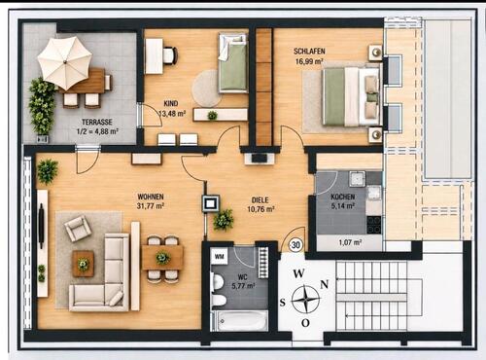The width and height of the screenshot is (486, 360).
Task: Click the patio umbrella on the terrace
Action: click(65, 62)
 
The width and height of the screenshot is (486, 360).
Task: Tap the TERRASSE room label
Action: click(97, 122)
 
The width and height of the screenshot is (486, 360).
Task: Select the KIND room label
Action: click(171, 103)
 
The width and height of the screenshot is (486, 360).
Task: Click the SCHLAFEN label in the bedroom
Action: click(309, 52)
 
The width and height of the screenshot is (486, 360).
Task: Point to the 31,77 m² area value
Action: click(150, 205)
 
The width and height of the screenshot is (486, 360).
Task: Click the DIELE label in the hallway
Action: click(260, 200)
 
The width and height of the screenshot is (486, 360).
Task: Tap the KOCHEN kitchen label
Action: click(343, 197)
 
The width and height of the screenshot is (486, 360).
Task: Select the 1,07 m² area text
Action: click(350, 242)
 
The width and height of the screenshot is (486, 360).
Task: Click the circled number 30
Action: click(295, 245)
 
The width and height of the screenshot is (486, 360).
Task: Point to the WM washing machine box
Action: click(220, 257)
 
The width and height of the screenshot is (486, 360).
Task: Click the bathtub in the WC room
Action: click(240, 320)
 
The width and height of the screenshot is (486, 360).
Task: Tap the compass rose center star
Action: click(305, 299)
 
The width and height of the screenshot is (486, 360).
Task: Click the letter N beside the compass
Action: click(325, 284)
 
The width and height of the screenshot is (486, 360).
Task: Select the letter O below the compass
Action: click(305, 323)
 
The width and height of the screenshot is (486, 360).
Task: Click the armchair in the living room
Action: click(77, 229)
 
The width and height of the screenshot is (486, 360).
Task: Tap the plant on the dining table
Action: click(162, 258)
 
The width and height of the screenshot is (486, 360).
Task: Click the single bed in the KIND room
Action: click(232, 62)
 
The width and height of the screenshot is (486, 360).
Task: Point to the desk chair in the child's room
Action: click(170, 55)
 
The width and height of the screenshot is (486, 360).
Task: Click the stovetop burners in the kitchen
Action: click(373, 225)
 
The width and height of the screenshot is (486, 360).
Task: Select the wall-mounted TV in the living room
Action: click(41, 228)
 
